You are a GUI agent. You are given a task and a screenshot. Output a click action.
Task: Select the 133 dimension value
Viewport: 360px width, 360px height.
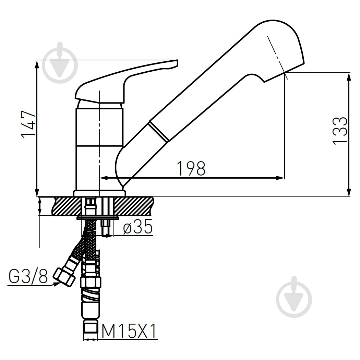tap(340, 131)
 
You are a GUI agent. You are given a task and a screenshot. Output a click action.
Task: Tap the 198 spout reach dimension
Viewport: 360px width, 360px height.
tap(191, 169)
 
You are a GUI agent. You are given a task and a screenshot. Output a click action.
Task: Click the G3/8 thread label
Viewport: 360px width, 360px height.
tap(28, 276)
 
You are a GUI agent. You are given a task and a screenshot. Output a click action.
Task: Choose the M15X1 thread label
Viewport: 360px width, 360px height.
tap(129, 331)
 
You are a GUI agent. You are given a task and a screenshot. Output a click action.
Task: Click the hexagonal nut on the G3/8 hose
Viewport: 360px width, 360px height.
tap(64, 277)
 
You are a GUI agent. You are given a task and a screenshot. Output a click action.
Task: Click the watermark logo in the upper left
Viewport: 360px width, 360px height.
tap(60, 63)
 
